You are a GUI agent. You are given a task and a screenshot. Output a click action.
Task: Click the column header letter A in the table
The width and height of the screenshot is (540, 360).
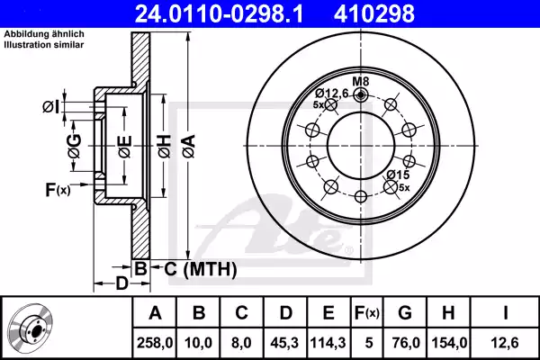tap(154, 313)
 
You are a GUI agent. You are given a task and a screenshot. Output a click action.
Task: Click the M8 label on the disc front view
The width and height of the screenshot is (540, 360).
tap(361, 81)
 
